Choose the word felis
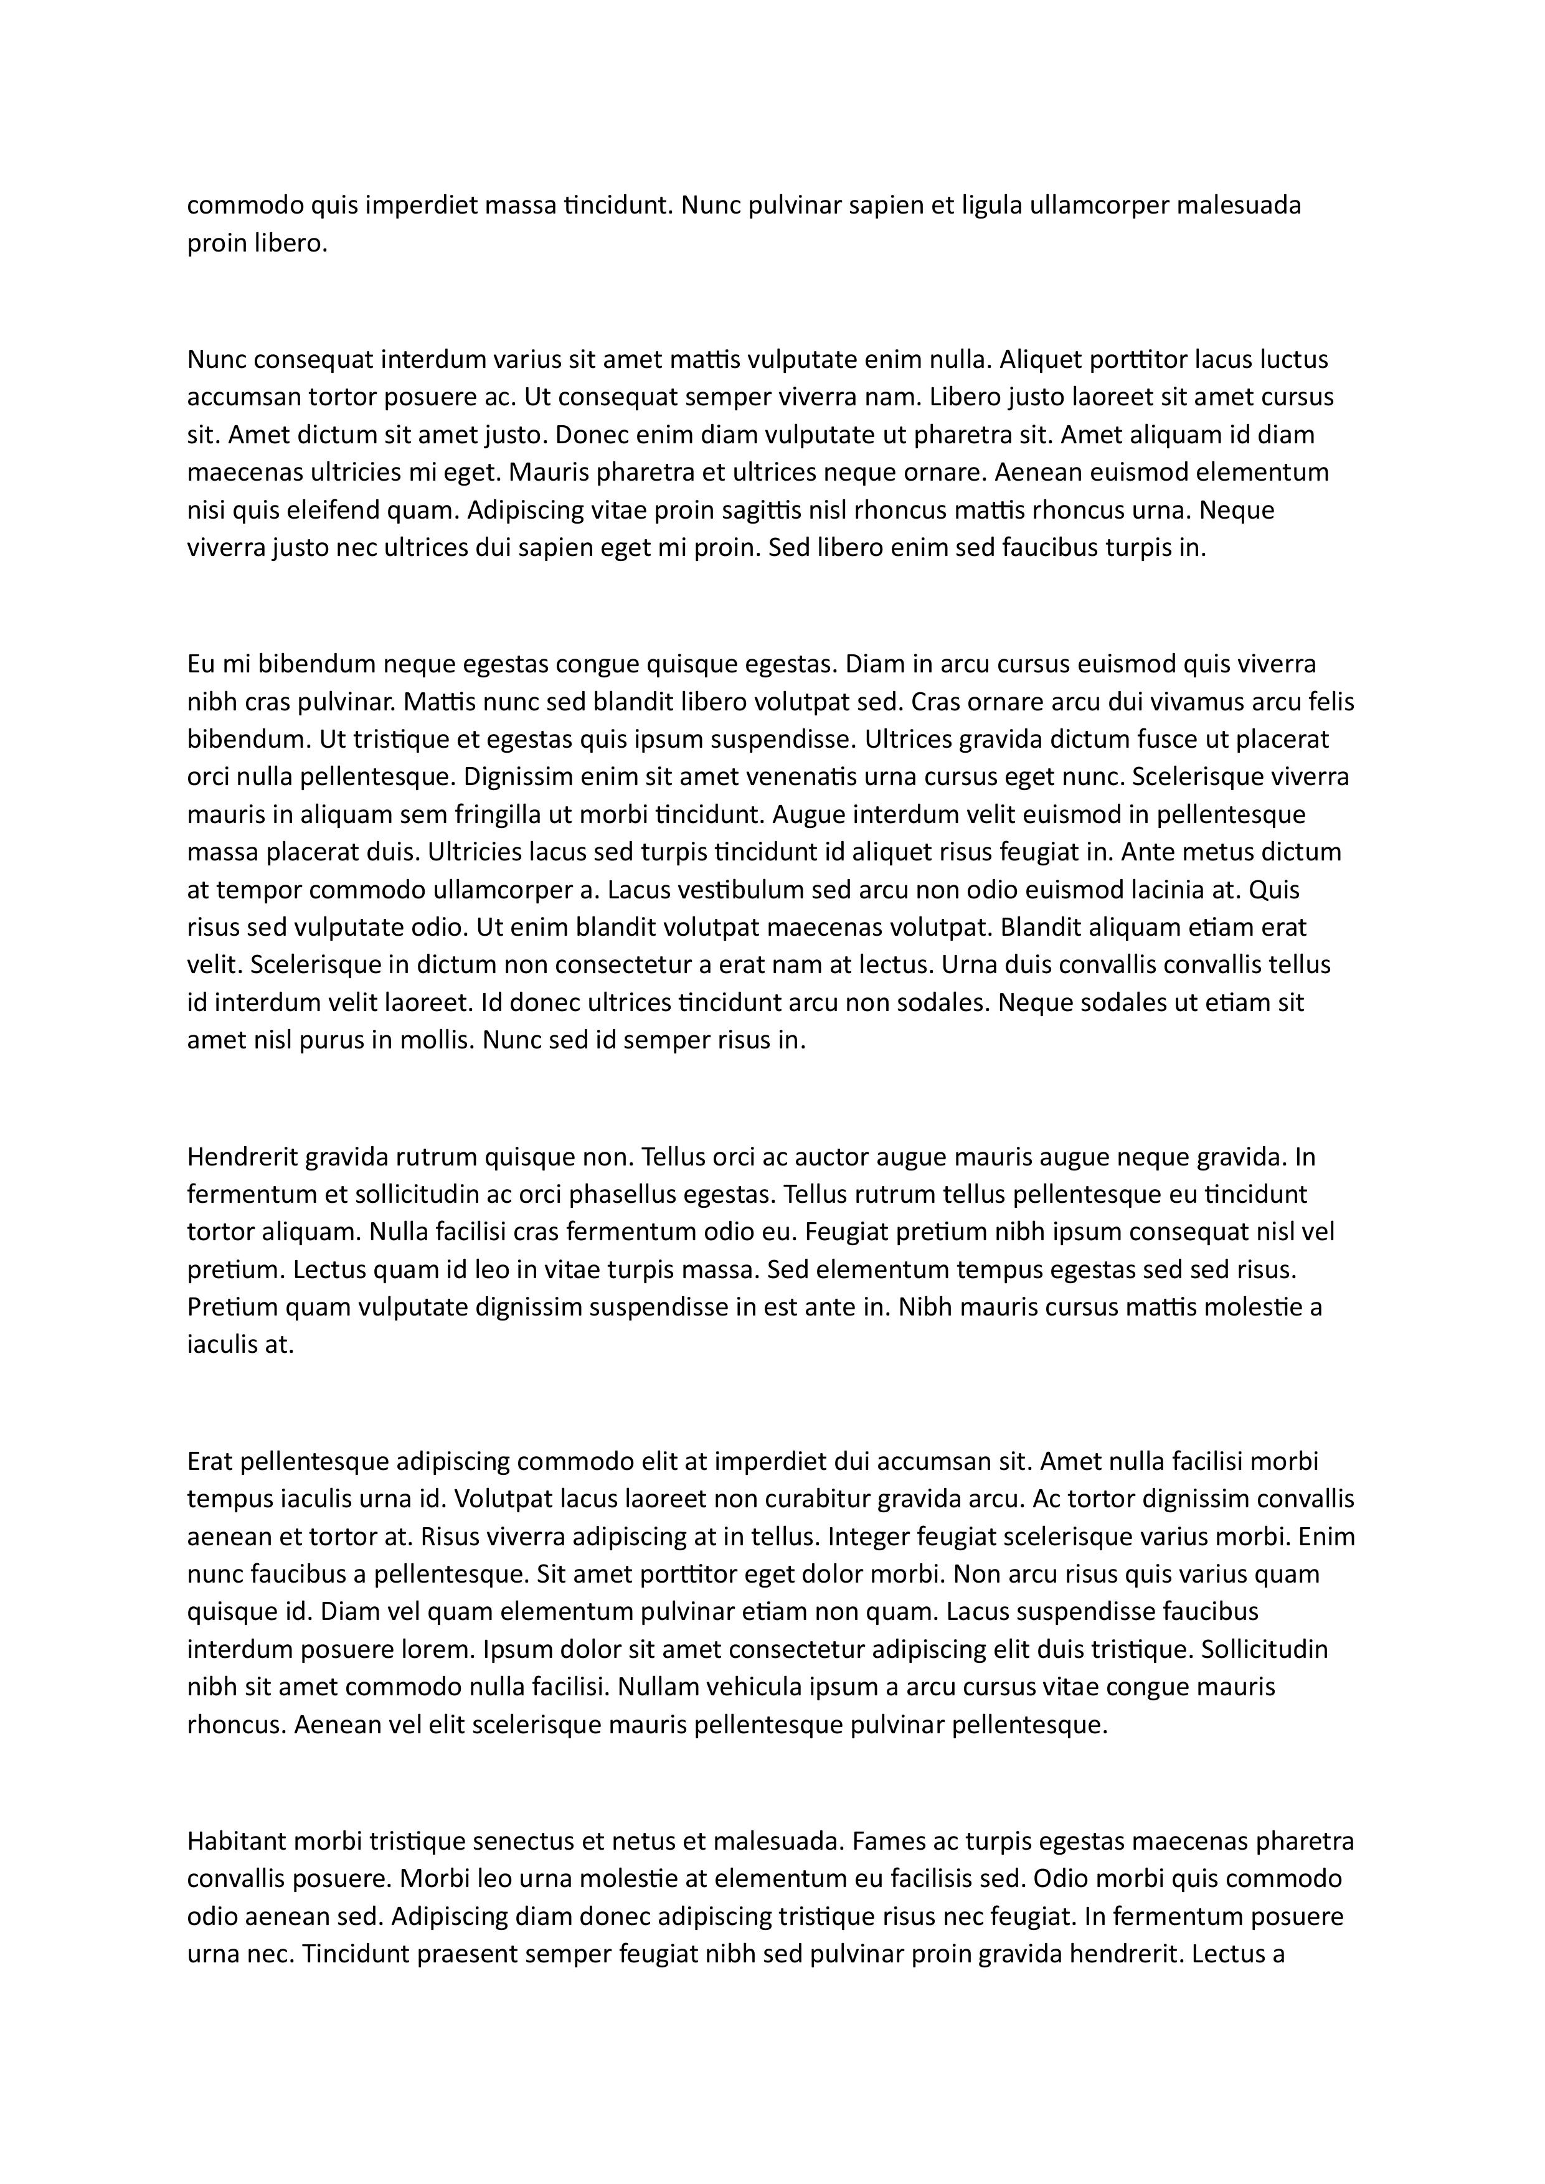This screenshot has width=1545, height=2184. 1329,702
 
